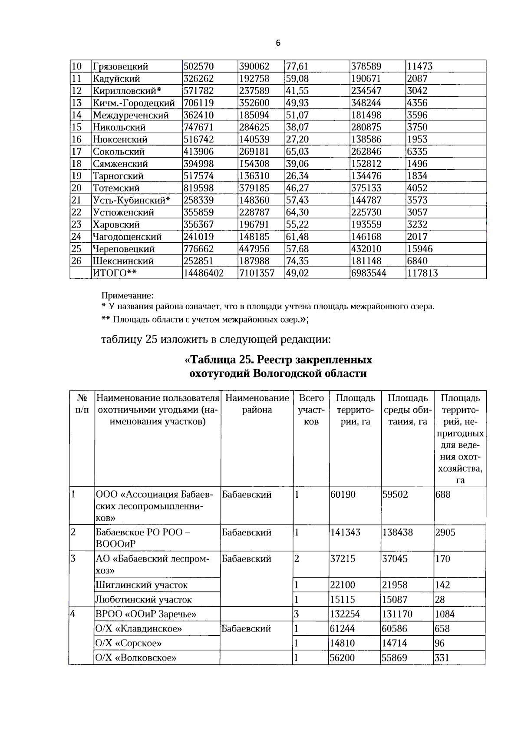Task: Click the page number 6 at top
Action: (x=278, y=43)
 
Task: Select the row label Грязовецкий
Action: (x=120, y=66)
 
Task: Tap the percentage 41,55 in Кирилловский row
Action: (x=297, y=91)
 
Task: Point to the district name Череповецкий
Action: (x=123, y=249)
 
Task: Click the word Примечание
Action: (x=127, y=296)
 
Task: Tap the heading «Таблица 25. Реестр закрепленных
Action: (x=278, y=360)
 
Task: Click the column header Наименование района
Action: (x=257, y=404)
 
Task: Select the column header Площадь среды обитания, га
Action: (x=407, y=410)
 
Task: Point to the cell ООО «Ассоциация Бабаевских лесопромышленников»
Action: (x=154, y=506)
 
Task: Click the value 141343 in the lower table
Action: (x=345, y=532)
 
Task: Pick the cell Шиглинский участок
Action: (x=142, y=585)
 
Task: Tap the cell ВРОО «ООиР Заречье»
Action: (x=146, y=614)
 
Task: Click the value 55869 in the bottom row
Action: (x=394, y=658)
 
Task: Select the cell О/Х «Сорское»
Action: (x=129, y=643)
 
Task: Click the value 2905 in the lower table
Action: (x=445, y=532)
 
